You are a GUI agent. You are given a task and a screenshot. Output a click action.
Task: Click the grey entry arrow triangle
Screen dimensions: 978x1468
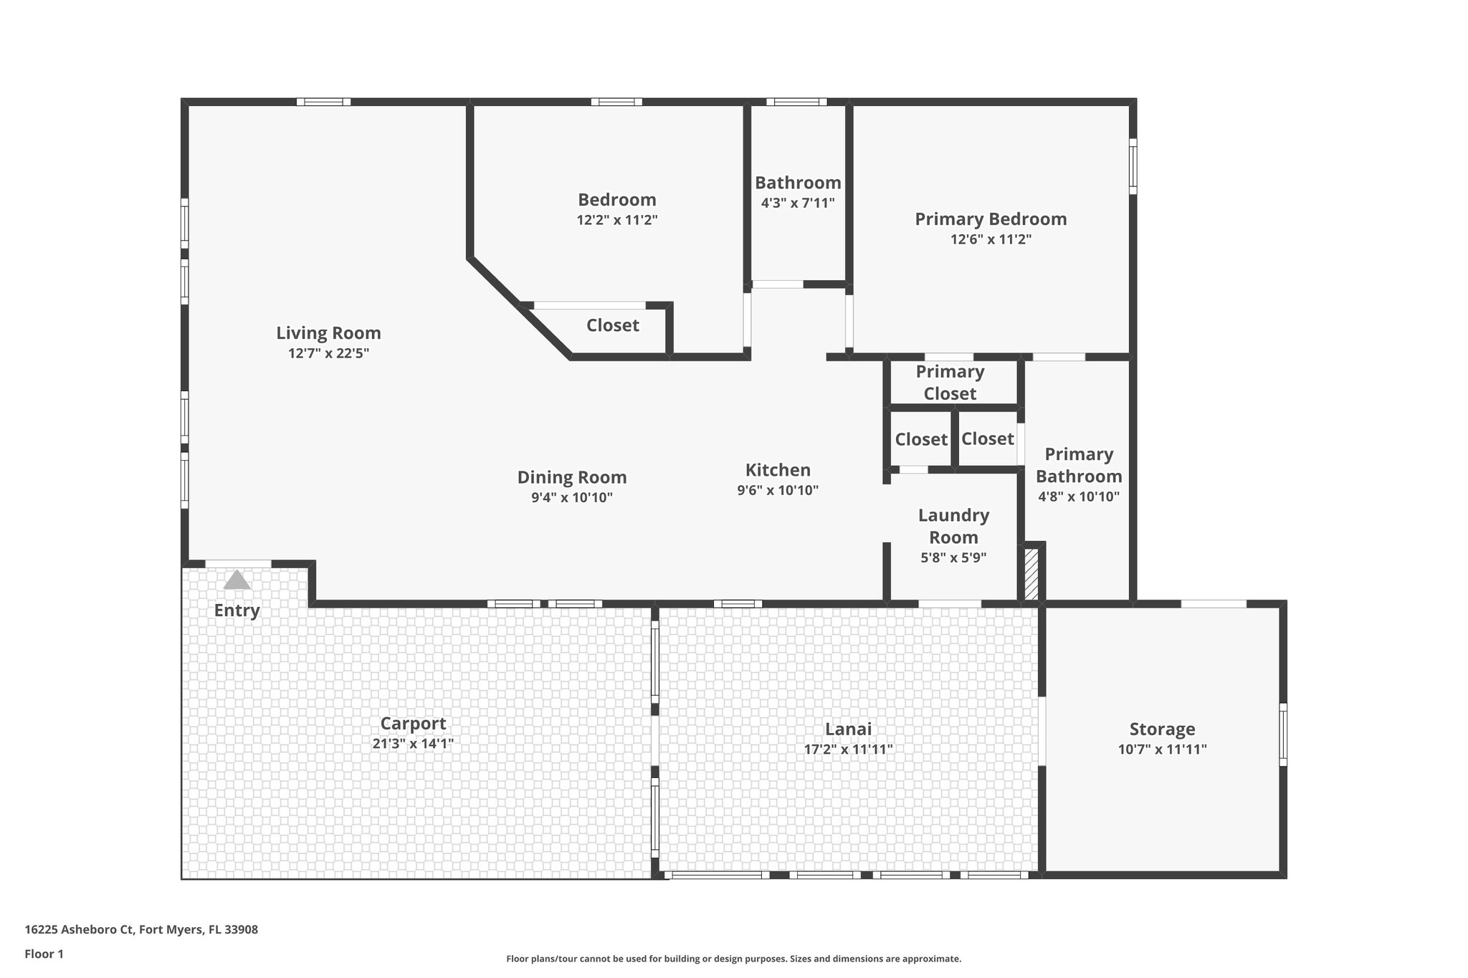[237, 580]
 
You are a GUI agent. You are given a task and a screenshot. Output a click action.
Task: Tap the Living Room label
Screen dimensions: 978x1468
[328, 333]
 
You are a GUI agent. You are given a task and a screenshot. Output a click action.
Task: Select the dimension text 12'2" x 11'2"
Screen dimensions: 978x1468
[616, 220]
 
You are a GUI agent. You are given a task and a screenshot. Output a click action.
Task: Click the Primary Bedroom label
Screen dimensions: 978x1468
[991, 219]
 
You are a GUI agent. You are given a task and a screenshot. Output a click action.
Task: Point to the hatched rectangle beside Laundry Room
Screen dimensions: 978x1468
[1031, 574]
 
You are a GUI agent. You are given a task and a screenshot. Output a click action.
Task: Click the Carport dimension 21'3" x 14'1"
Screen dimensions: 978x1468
[413, 744]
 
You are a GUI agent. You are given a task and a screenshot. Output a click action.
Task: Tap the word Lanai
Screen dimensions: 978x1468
[848, 729]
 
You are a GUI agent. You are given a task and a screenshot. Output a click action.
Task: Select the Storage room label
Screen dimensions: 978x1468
[1162, 729]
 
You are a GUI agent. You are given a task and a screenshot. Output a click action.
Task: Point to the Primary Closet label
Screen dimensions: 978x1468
[950, 383]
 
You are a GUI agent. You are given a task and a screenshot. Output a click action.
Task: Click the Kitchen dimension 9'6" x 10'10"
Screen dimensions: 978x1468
[778, 491]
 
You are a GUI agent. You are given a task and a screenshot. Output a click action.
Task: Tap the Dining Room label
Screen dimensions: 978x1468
[572, 477]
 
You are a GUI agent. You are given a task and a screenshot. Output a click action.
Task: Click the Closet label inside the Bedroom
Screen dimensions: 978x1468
[612, 325]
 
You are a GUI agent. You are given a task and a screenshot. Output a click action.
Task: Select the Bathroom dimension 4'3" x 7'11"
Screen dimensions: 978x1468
[798, 203]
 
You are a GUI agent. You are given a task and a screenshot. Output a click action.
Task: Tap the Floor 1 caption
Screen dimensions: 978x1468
[44, 954]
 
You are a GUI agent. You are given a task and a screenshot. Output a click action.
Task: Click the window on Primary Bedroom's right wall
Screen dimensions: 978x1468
[1133, 166]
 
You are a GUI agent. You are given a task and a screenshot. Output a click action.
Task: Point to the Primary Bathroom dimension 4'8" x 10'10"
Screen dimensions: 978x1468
[1078, 497]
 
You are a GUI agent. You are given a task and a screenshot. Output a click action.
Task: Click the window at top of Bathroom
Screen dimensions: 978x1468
[796, 102]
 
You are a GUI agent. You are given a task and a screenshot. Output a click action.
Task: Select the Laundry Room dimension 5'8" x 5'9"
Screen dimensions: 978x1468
[953, 557]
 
